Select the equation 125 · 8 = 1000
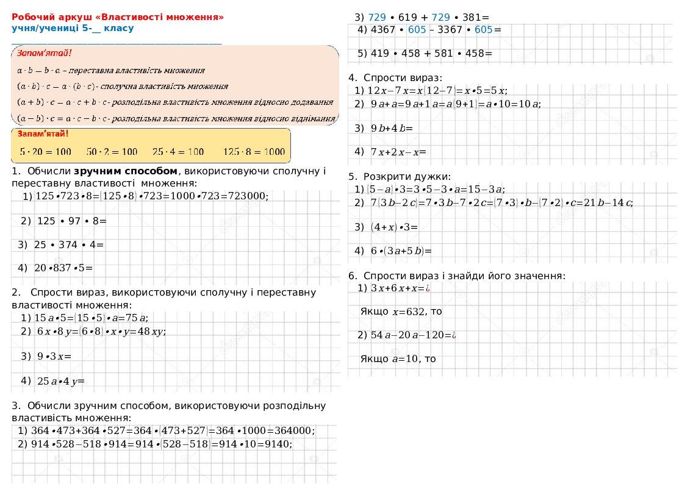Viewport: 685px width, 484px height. click(253, 151)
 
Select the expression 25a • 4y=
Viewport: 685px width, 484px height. click(60, 382)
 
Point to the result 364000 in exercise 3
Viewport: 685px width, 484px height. click(292, 430)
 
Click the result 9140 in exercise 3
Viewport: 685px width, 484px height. click(279, 444)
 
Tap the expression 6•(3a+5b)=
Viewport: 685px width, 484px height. click(401, 251)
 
